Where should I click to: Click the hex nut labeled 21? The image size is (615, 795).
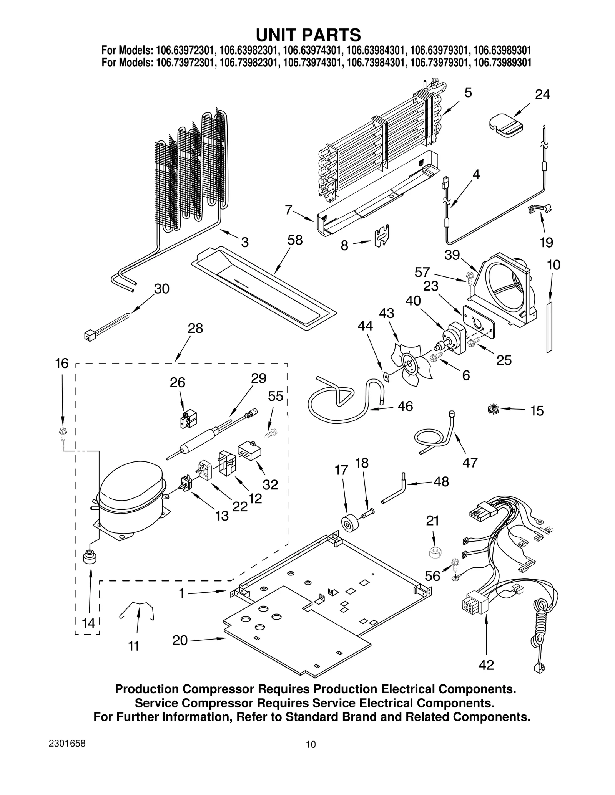coord(434,553)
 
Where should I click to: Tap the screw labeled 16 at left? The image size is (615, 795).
coord(61,433)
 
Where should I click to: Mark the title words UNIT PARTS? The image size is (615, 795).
coord(308,35)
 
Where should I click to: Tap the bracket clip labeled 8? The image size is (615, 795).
coord(381,236)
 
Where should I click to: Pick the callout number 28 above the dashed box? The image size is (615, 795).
coord(195,328)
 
